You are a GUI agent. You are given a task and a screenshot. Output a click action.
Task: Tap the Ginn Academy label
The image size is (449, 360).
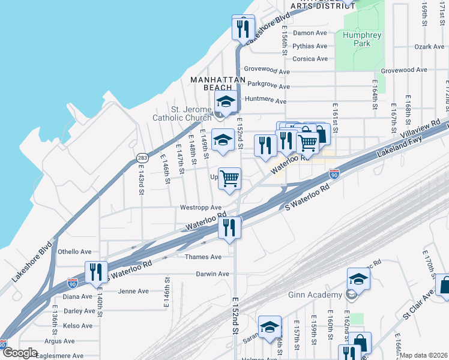(316, 295)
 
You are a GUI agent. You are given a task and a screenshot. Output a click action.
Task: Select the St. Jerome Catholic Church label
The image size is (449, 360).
(183, 113)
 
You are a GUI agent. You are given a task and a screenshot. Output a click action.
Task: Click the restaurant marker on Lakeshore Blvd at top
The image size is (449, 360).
(243, 29)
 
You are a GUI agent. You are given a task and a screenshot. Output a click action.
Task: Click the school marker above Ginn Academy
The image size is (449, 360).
(358, 280)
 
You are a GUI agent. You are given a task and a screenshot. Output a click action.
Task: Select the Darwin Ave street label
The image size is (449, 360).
(212, 274)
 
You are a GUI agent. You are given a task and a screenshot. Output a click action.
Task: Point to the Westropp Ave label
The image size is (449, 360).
(201, 208)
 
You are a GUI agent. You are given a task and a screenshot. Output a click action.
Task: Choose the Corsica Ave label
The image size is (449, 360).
(310, 59)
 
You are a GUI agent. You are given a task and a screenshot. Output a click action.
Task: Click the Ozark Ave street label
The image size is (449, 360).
(429, 46)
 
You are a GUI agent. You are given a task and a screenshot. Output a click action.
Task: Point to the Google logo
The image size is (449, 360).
(19, 353)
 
